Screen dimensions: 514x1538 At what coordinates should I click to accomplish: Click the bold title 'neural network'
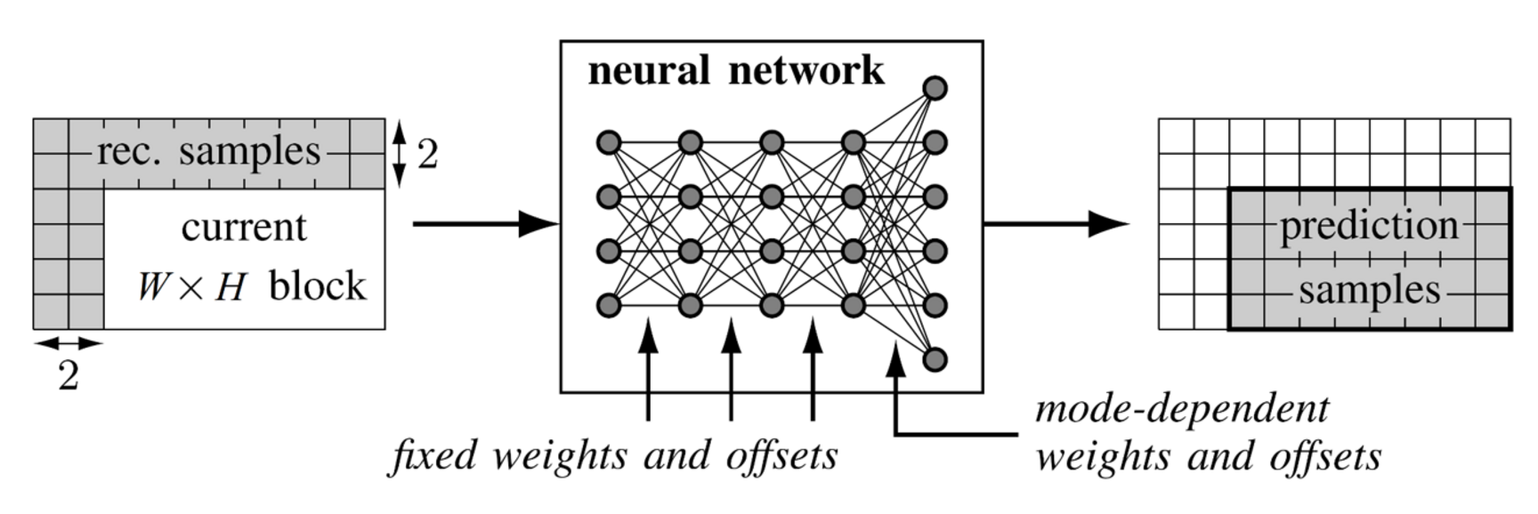(736, 71)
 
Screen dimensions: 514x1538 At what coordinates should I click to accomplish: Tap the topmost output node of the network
(935, 87)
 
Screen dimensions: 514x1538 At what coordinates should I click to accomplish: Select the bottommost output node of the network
(935, 359)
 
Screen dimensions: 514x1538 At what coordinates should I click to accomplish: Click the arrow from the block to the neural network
(485, 224)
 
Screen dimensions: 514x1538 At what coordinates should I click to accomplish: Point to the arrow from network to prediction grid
(1056, 224)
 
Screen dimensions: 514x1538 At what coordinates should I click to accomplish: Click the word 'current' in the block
(244, 228)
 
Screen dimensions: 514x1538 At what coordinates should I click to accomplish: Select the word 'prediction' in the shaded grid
(1369, 226)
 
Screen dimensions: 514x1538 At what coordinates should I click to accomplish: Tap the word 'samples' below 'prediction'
(1369, 291)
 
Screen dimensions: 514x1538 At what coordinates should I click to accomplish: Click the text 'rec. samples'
(209, 152)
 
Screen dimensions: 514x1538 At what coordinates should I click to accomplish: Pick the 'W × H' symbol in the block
(191, 287)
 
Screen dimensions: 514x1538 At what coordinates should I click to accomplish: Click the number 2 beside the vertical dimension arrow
(428, 156)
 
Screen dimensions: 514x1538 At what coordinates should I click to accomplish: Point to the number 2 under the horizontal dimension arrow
(69, 376)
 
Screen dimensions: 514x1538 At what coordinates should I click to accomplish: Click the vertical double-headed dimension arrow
(400, 155)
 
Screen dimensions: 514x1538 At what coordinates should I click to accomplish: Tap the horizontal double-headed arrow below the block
(69, 342)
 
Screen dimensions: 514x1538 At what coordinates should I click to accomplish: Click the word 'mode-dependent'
(1182, 409)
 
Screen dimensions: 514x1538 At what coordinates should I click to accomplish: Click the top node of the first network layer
(609, 142)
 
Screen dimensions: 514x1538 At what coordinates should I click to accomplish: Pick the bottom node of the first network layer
(609, 305)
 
